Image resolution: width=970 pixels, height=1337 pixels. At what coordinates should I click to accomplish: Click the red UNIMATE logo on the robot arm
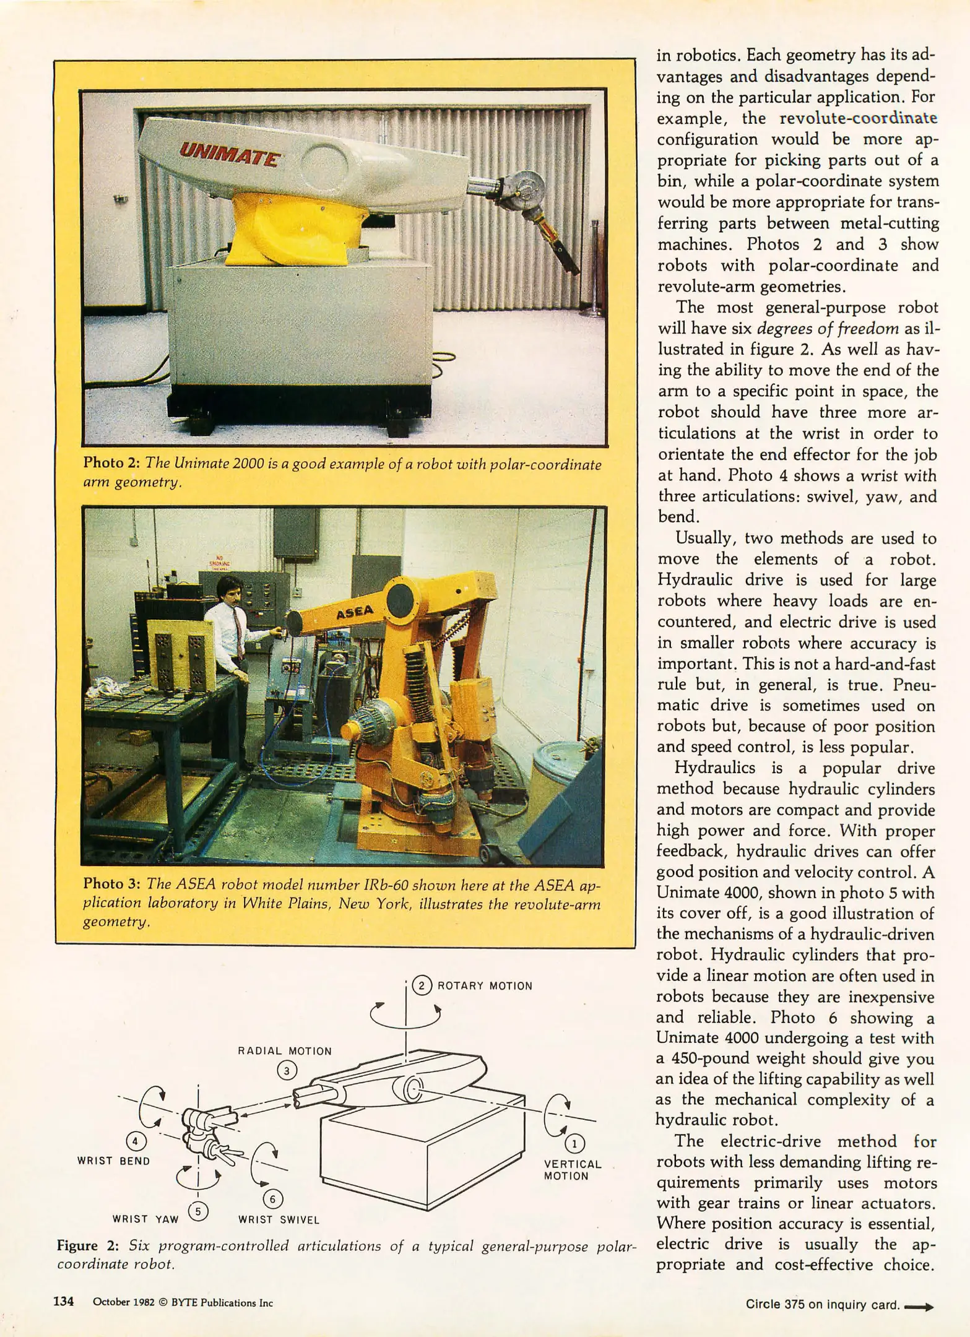click(x=228, y=152)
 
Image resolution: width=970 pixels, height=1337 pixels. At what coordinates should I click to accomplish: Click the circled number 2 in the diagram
click(x=421, y=985)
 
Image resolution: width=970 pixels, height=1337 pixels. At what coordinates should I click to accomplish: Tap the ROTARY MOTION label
click(x=485, y=986)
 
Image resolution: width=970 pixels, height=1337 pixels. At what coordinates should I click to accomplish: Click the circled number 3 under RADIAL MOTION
click(x=287, y=1070)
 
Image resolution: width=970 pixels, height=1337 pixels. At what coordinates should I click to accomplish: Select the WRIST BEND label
click(x=114, y=1161)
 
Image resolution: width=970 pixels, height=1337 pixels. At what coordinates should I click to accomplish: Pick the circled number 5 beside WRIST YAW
click(x=197, y=1211)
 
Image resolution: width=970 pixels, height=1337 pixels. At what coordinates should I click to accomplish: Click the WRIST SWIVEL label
click(x=279, y=1220)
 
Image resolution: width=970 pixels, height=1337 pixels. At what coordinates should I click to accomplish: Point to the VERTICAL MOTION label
click(x=572, y=1170)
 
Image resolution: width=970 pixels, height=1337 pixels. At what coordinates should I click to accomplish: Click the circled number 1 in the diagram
click(x=574, y=1143)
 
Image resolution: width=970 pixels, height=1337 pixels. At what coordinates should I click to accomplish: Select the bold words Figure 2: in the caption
click(x=87, y=1246)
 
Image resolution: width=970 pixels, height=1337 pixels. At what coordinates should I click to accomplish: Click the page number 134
click(x=64, y=1302)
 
